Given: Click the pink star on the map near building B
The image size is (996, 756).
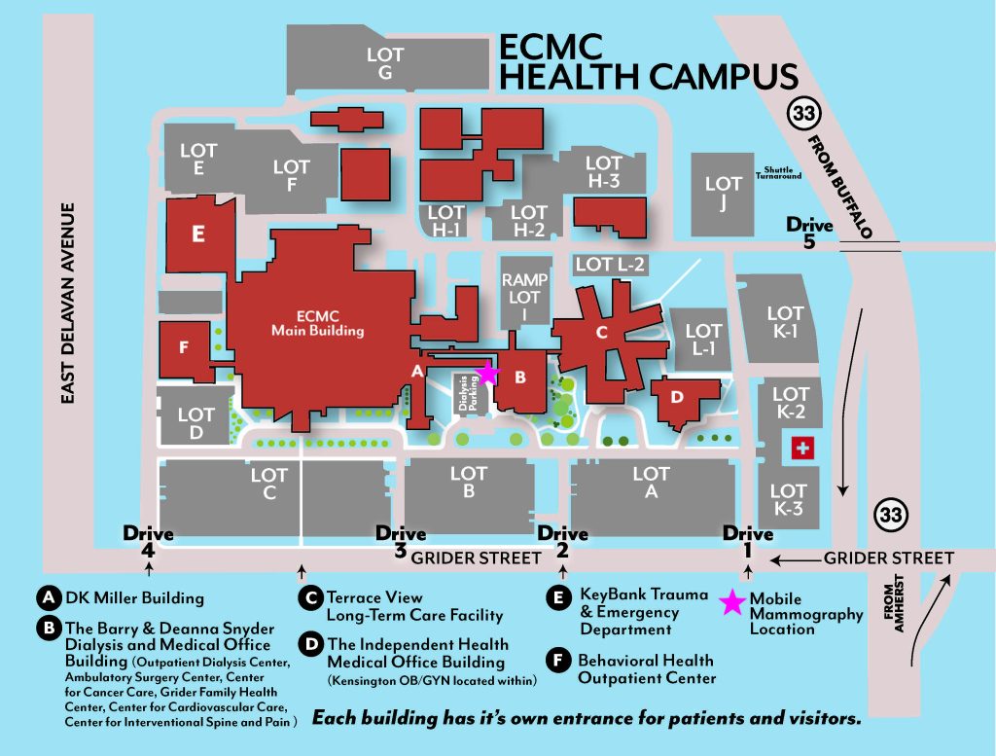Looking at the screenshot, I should (x=487, y=373).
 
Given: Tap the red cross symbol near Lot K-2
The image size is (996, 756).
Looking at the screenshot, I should (x=803, y=448).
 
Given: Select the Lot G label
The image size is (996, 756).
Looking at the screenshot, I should (x=384, y=64).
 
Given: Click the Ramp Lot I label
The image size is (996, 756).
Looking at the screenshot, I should (x=525, y=296).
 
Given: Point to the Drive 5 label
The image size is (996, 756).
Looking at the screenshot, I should (x=810, y=234).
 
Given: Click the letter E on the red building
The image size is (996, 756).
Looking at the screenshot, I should (x=198, y=234).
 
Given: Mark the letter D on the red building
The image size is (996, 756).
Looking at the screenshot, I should (x=679, y=397).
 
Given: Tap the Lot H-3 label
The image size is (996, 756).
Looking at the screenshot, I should (x=603, y=171).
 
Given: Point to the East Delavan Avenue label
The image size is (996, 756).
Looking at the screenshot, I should (x=68, y=303).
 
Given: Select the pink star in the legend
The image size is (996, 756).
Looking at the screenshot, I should (x=731, y=603).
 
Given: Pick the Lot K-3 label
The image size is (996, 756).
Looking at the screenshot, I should (x=788, y=499).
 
